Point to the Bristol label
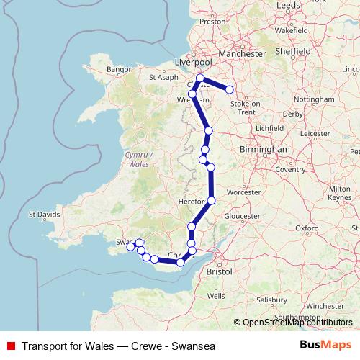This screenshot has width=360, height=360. click(218, 273)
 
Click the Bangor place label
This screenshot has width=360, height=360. click(117, 69)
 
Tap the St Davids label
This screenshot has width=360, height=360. click(42, 214)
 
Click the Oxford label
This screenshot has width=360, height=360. click(307, 228)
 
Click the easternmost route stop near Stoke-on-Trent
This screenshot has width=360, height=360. click(230, 90)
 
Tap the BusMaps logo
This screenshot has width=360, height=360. click(325, 344)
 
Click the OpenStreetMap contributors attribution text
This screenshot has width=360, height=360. click(294, 323)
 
